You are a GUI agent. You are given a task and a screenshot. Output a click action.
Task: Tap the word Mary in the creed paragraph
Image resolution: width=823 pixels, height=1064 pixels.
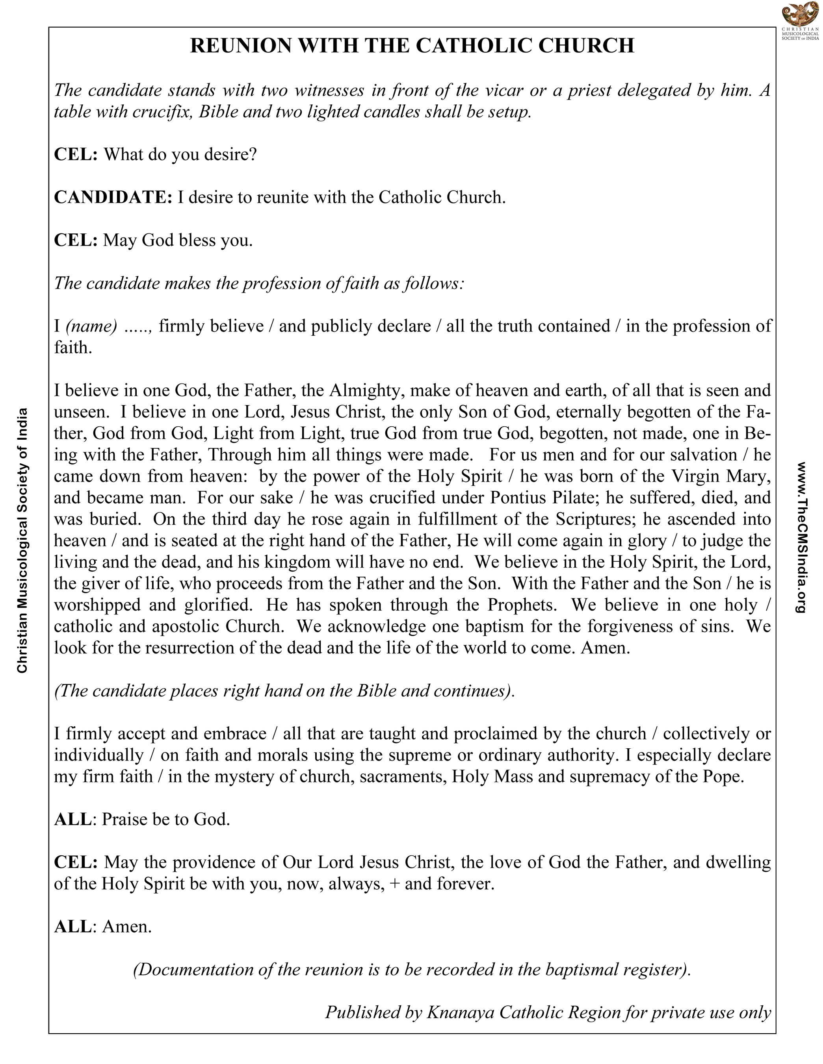point(748,476)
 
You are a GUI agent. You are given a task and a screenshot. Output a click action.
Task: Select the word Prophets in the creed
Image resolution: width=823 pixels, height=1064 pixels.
point(522,605)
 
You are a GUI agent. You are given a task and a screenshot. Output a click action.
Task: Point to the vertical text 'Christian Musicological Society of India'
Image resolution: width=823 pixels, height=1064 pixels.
point(22,540)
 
